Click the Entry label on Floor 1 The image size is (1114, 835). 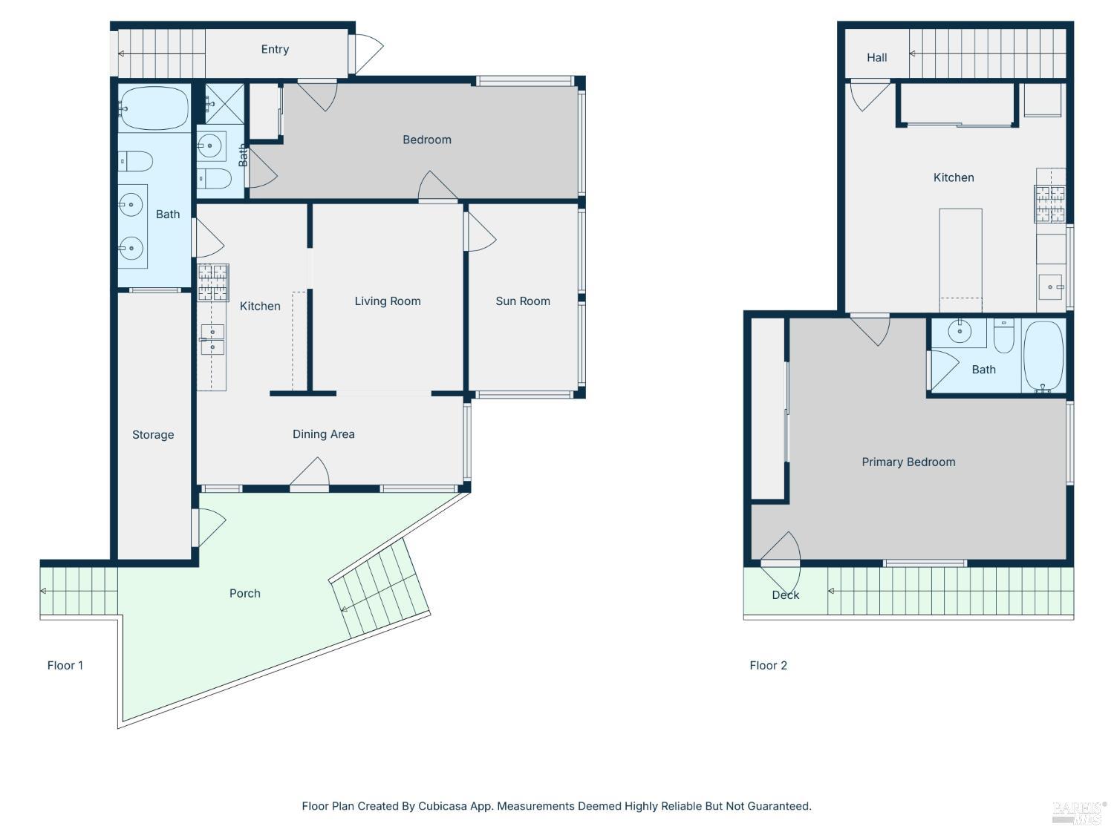pyautogui.click(x=275, y=49)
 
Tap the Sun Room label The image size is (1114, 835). pyautogui.click(x=522, y=301)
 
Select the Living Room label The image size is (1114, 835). pyautogui.click(x=387, y=301)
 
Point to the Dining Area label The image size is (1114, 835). pyautogui.click(x=323, y=434)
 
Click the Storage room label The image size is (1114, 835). pyautogui.click(x=153, y=434)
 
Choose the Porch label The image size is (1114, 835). pyautogui.click(x=244, y=593)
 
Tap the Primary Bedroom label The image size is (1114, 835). pyautogui.click(x=908, y=462)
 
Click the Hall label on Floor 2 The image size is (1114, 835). pyautogui.click(x=876, y=58)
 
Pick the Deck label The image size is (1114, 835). pyautogui.click(x=785, y=595)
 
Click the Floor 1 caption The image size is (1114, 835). pyautogui.click(x=65, y=665)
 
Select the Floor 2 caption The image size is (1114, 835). pyautogui.click(x=768, y=665)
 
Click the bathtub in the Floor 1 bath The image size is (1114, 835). pyautogui.click(x=154, y=108)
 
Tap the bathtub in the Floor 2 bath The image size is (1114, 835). pyautogui.click(x=1043, y=356)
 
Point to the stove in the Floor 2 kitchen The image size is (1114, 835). pyautogui.click(x=1049, y=204)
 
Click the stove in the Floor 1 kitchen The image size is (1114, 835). pyautogui.click(x=213, y=282)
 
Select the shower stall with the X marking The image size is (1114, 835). pyautogui.click(x=225, y=104)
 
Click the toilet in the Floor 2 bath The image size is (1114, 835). pyautogui.click(x=1003, y=335)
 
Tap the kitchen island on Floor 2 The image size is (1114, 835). pyautogui.click(x=960, y=261)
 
